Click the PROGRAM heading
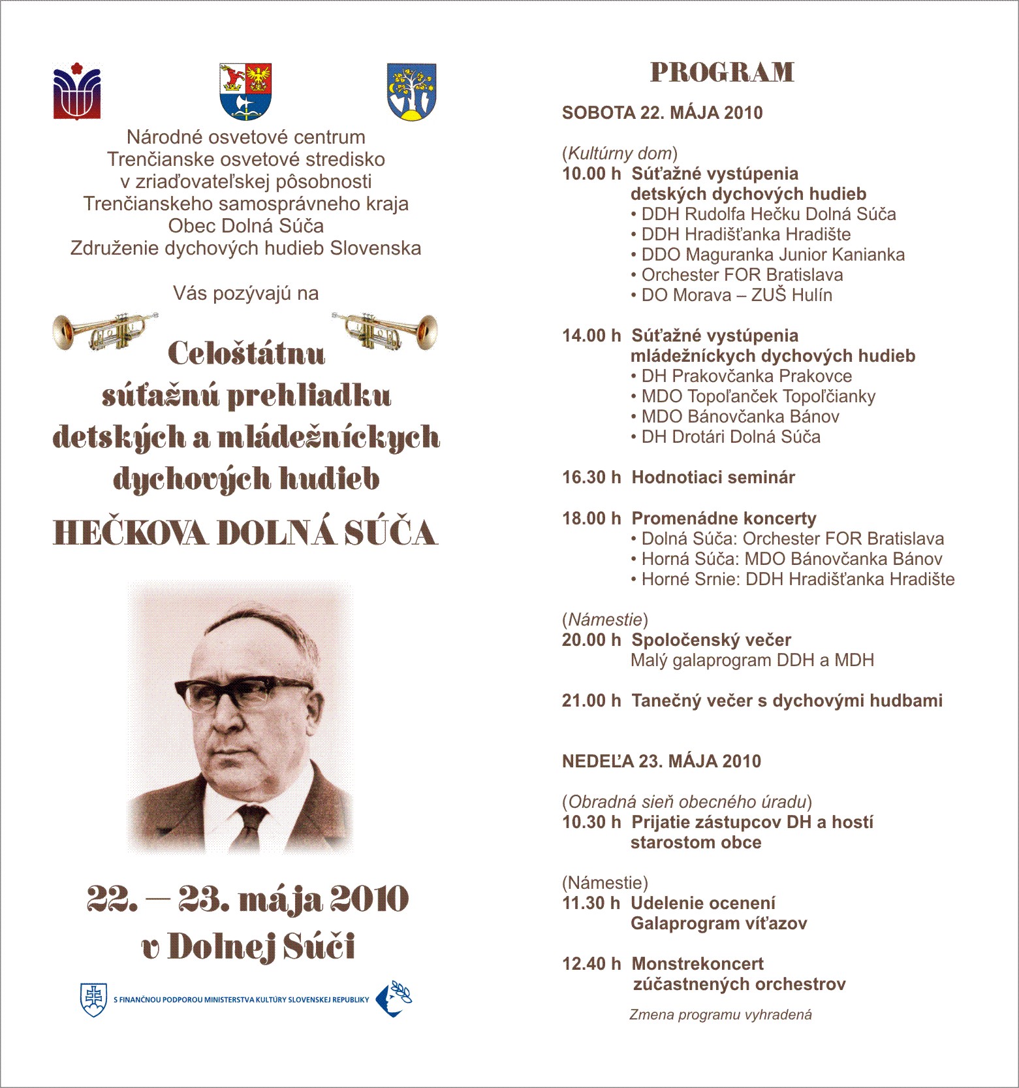click(722, 72)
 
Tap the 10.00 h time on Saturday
click(591, 174)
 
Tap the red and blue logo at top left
click(77, 91)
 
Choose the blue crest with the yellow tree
click(411, 92)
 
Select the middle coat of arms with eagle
click(245, 91)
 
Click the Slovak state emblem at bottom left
click(93, 999)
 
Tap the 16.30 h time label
click(591, 477)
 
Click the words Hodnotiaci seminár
click(713, 477)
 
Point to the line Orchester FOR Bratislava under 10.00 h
click(742, 275)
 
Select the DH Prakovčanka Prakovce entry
click(746, 376)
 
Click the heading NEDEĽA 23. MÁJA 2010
click(661, 761)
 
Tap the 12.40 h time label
click(591, 964)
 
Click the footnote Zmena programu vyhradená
click(720, 1015)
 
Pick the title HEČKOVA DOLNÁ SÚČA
click(245, 533)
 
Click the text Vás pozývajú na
click(245, 294)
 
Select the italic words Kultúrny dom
click(619, 153)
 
